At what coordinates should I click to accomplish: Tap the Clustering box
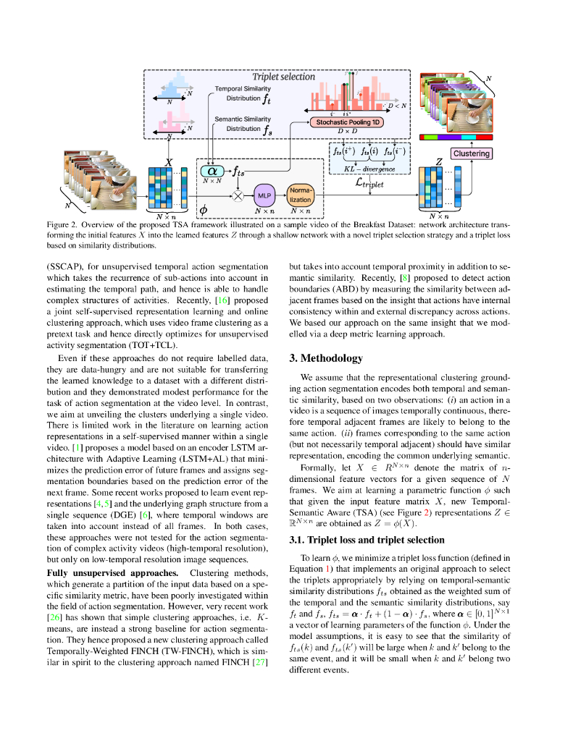click(471, 153)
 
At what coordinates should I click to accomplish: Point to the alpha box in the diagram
click(214, 172)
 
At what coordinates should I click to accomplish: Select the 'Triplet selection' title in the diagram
click(283, 76)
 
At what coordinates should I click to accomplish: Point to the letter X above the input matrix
click(169, 164)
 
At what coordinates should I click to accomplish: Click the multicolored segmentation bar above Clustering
click(456, 136)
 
